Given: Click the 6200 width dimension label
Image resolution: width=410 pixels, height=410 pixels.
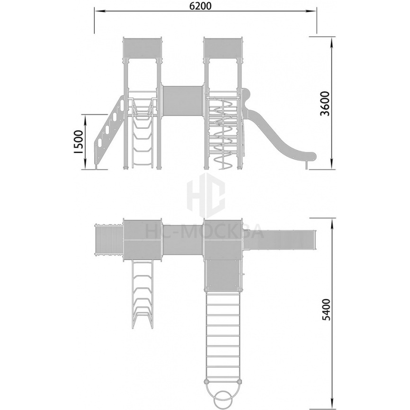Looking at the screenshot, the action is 200,6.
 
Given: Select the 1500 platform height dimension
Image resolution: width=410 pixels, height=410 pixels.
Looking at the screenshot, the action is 78,142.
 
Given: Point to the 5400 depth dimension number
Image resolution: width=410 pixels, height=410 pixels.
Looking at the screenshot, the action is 326,310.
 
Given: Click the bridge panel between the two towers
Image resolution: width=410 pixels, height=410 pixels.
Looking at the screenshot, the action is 183,101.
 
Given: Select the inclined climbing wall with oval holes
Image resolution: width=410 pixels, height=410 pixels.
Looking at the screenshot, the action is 109,132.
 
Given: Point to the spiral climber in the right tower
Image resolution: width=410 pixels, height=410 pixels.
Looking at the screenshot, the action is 223,134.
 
